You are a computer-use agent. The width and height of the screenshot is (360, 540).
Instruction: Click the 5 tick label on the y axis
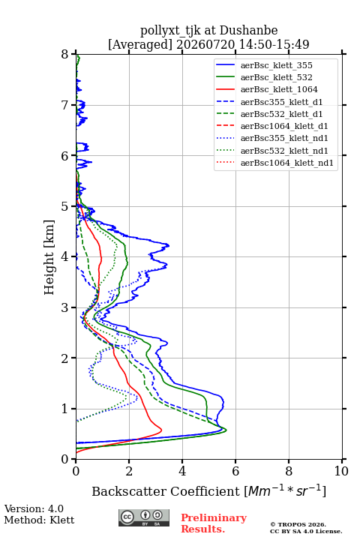[x=65, y=206]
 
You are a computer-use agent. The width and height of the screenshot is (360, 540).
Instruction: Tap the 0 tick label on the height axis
[x=65, y=459]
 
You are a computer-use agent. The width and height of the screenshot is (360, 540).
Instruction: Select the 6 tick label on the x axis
[x=235, y=471]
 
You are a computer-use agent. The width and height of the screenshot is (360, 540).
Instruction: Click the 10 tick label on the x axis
[x=341, y=471]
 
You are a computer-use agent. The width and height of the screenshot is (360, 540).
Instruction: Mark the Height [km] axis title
[x=49, y=257]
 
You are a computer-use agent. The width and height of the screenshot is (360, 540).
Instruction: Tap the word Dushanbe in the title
[x=248, y=31]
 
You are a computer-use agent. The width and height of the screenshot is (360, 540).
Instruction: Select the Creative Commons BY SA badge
[x=144, y=517]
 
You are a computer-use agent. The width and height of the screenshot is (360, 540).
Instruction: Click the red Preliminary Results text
[x=214, y=523]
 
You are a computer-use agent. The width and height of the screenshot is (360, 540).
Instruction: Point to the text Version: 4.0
[x=34, y=508]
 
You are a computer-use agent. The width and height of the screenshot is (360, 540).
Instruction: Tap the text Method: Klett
[x=39, y=520]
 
